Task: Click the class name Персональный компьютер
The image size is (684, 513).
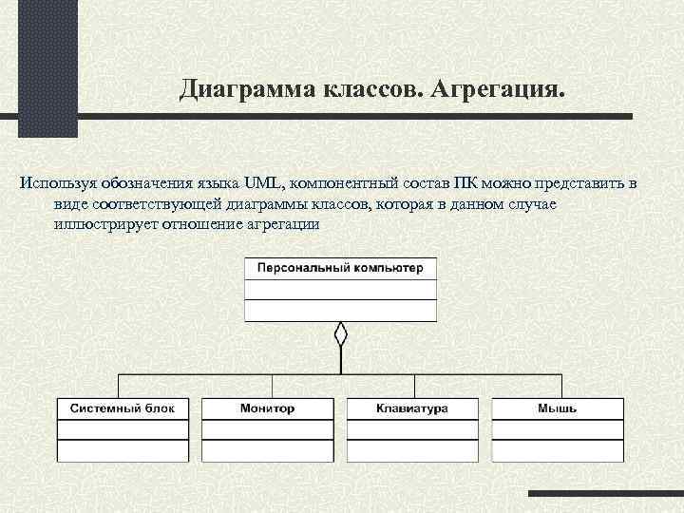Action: [x=341, y=268]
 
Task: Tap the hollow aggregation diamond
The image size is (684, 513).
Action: [x=341, y=334]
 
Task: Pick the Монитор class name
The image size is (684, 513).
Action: [x=267, y=408]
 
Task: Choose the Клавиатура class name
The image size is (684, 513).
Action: [x=411, y=408]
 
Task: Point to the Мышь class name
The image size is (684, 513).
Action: [x=557, y=408]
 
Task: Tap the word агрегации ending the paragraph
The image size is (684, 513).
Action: [x=281, y=225]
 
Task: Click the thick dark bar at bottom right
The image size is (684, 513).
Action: [x=605, y=494]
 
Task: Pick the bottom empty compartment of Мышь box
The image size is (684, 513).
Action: [x=557, y=450]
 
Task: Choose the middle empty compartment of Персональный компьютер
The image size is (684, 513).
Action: [x=341, y=289]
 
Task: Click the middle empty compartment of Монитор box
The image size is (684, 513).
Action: [x=267, y=428]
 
